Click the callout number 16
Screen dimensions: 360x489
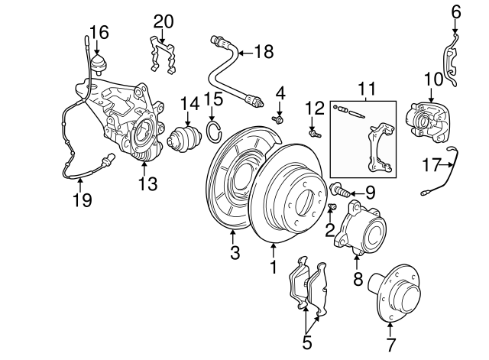pyautogui.click(x=99, y=32)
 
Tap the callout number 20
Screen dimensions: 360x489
pyautogui.click(x=164, y=21)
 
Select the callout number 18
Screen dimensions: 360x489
pyautogui.click(x=263, y=52)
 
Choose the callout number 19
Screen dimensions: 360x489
pyautogui.click(x=82, y=200)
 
